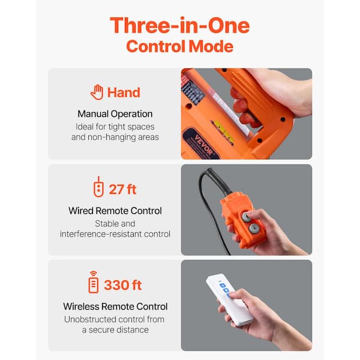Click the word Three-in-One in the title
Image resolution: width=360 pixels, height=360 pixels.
point(179,26)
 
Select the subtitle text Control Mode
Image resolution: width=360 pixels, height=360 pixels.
point(179,46)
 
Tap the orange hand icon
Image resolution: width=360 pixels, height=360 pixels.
point(97,92)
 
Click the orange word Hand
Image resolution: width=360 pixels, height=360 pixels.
point(124,92)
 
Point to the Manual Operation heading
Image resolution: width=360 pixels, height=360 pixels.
point(115,113)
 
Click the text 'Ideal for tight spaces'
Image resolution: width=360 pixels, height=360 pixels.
point(115,127)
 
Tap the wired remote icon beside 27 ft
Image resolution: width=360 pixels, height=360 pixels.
point(98,189)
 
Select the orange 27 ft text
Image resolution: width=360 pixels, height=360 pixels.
point(123,190)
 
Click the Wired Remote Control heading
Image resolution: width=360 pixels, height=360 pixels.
point(115,211)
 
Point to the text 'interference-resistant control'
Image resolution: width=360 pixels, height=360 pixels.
point(115,233)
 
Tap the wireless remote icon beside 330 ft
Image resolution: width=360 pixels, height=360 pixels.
point(93,283)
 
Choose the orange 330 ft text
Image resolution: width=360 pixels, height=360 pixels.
point(123,284)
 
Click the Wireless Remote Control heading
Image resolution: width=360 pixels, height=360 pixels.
point(115,307)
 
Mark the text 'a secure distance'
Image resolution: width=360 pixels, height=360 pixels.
point(115,329)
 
